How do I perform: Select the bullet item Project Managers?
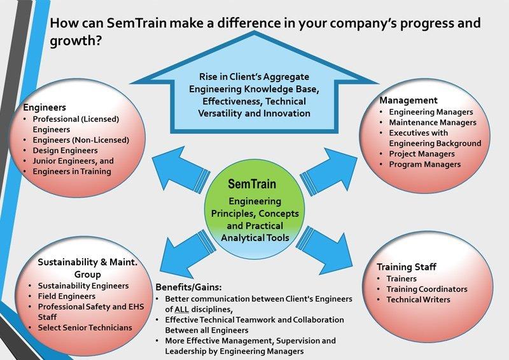click(x=421, y=154)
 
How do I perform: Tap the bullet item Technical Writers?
click(x=418, y=299)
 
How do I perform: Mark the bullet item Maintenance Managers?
click(x=433, y=122)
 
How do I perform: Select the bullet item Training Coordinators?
click(x=426, y=289)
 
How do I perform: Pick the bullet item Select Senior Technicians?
click(x=85, y=327)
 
